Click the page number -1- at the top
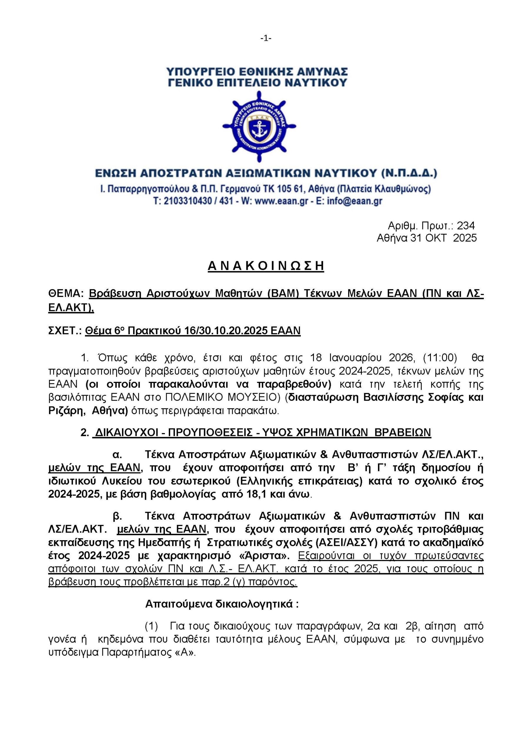[x=266, y=39]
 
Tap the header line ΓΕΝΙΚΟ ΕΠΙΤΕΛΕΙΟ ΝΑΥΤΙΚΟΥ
[x=257, y=82]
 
